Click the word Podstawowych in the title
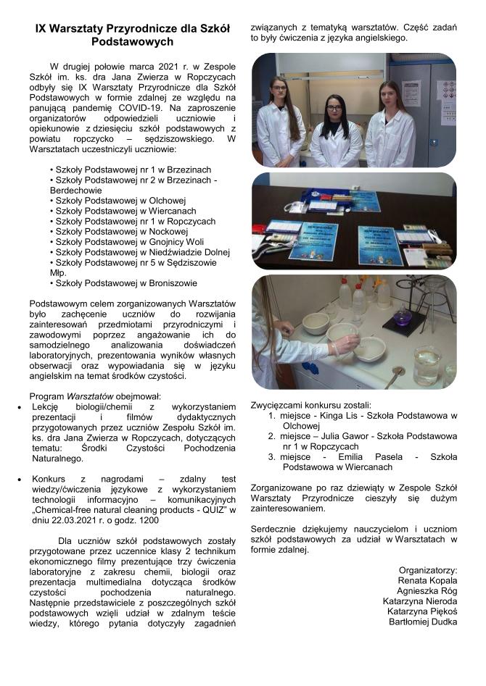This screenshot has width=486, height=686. click(133, 42)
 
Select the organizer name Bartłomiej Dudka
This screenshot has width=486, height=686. click(423, 621)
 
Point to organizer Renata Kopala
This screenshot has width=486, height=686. click(428, 580)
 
